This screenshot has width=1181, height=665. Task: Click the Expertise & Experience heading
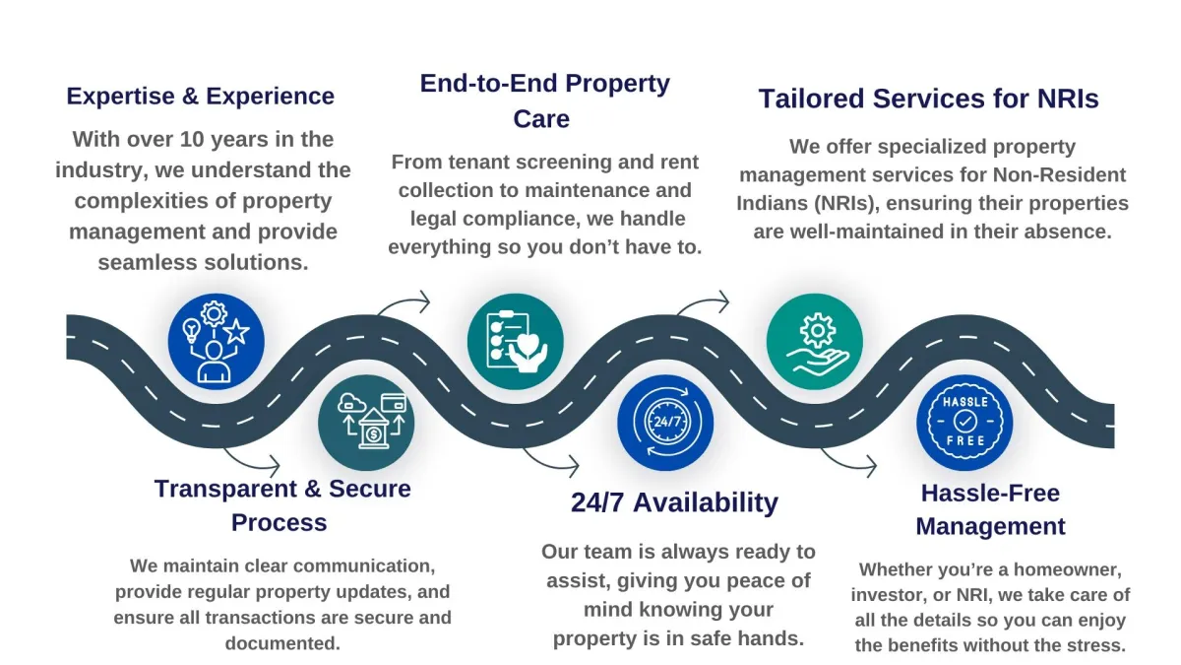[x=200, y=97]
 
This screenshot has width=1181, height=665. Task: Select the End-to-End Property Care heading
[x=544, y=100]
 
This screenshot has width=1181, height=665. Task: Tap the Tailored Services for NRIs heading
[x=928, y=100]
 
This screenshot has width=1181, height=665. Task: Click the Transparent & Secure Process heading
[x=281, y=504]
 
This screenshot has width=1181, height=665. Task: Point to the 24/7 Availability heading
[x=674, y=502]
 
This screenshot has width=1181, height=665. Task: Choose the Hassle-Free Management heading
[x=990, y=509]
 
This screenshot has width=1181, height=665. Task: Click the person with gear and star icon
[x=217, y=341]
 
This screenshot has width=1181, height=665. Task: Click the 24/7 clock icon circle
[x=665, y=423]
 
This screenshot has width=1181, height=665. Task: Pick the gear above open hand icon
[x=814, y=341]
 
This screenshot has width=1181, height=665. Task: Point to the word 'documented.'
[x=282, y=643]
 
